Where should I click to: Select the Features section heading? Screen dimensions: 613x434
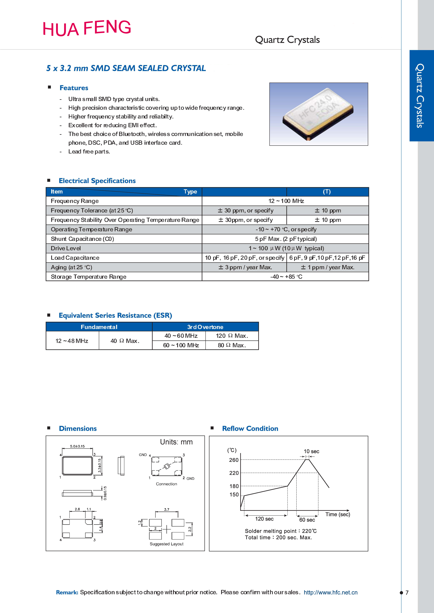point(74,88)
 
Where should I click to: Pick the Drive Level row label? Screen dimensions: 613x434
point(66,248)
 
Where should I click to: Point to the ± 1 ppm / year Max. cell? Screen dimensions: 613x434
point(327,267)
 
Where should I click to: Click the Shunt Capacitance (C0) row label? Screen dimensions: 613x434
point(82,239)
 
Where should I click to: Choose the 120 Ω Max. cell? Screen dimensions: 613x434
point(232,336)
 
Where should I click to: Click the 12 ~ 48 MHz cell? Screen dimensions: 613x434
point(72,341)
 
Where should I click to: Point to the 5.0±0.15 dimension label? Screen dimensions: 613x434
point(77,446)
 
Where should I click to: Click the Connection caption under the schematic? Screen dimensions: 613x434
point(166,484)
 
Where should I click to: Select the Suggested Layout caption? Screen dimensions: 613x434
point(166,544)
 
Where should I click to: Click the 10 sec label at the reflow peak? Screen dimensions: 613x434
point(311,451)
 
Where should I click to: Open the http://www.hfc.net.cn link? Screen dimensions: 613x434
point(331,592)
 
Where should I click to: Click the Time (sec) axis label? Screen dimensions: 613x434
point(338,514)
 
